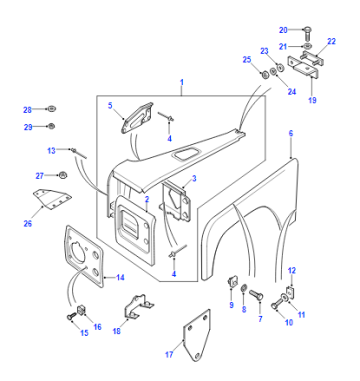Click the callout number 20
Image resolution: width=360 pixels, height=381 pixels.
point(283,30)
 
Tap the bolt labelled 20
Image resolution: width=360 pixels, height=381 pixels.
point(307,34)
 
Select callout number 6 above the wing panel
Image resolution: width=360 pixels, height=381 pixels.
point(291,133)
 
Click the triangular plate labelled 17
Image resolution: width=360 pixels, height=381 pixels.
point(197,335)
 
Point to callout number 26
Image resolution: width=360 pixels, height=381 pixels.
point(28,223)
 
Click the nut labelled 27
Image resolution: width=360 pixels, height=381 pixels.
point(62,175)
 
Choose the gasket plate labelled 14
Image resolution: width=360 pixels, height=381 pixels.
point(84,257)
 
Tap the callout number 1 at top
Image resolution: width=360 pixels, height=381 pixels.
point(182,82)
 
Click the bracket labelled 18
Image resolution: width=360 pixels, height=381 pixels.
point(138,307)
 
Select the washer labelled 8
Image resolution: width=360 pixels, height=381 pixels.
point(244,288)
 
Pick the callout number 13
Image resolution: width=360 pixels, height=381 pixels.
point(51,150)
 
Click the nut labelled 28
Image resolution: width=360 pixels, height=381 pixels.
point(51,109)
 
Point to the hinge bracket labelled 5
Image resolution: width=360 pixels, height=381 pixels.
point(137,118)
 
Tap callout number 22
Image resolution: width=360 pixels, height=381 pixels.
point(331,41)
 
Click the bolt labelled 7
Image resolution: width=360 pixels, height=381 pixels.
point(256,294)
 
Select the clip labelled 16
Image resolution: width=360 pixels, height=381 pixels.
point(81,310)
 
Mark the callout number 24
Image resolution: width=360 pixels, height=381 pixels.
point(292,92)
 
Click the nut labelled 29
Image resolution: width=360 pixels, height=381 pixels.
point(51,126)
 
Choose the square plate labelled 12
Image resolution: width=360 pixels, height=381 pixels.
point(291,291)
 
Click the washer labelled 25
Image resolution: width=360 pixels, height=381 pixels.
point(265,75)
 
